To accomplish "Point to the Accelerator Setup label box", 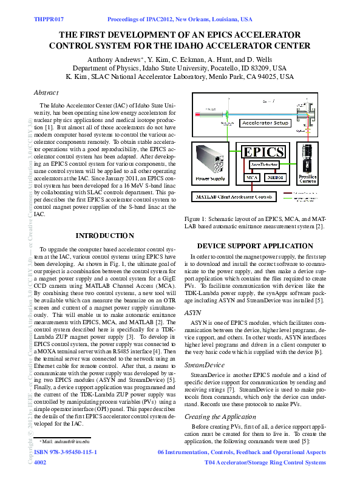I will (x=265, y=123).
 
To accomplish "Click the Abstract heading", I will (x=46, y=92).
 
